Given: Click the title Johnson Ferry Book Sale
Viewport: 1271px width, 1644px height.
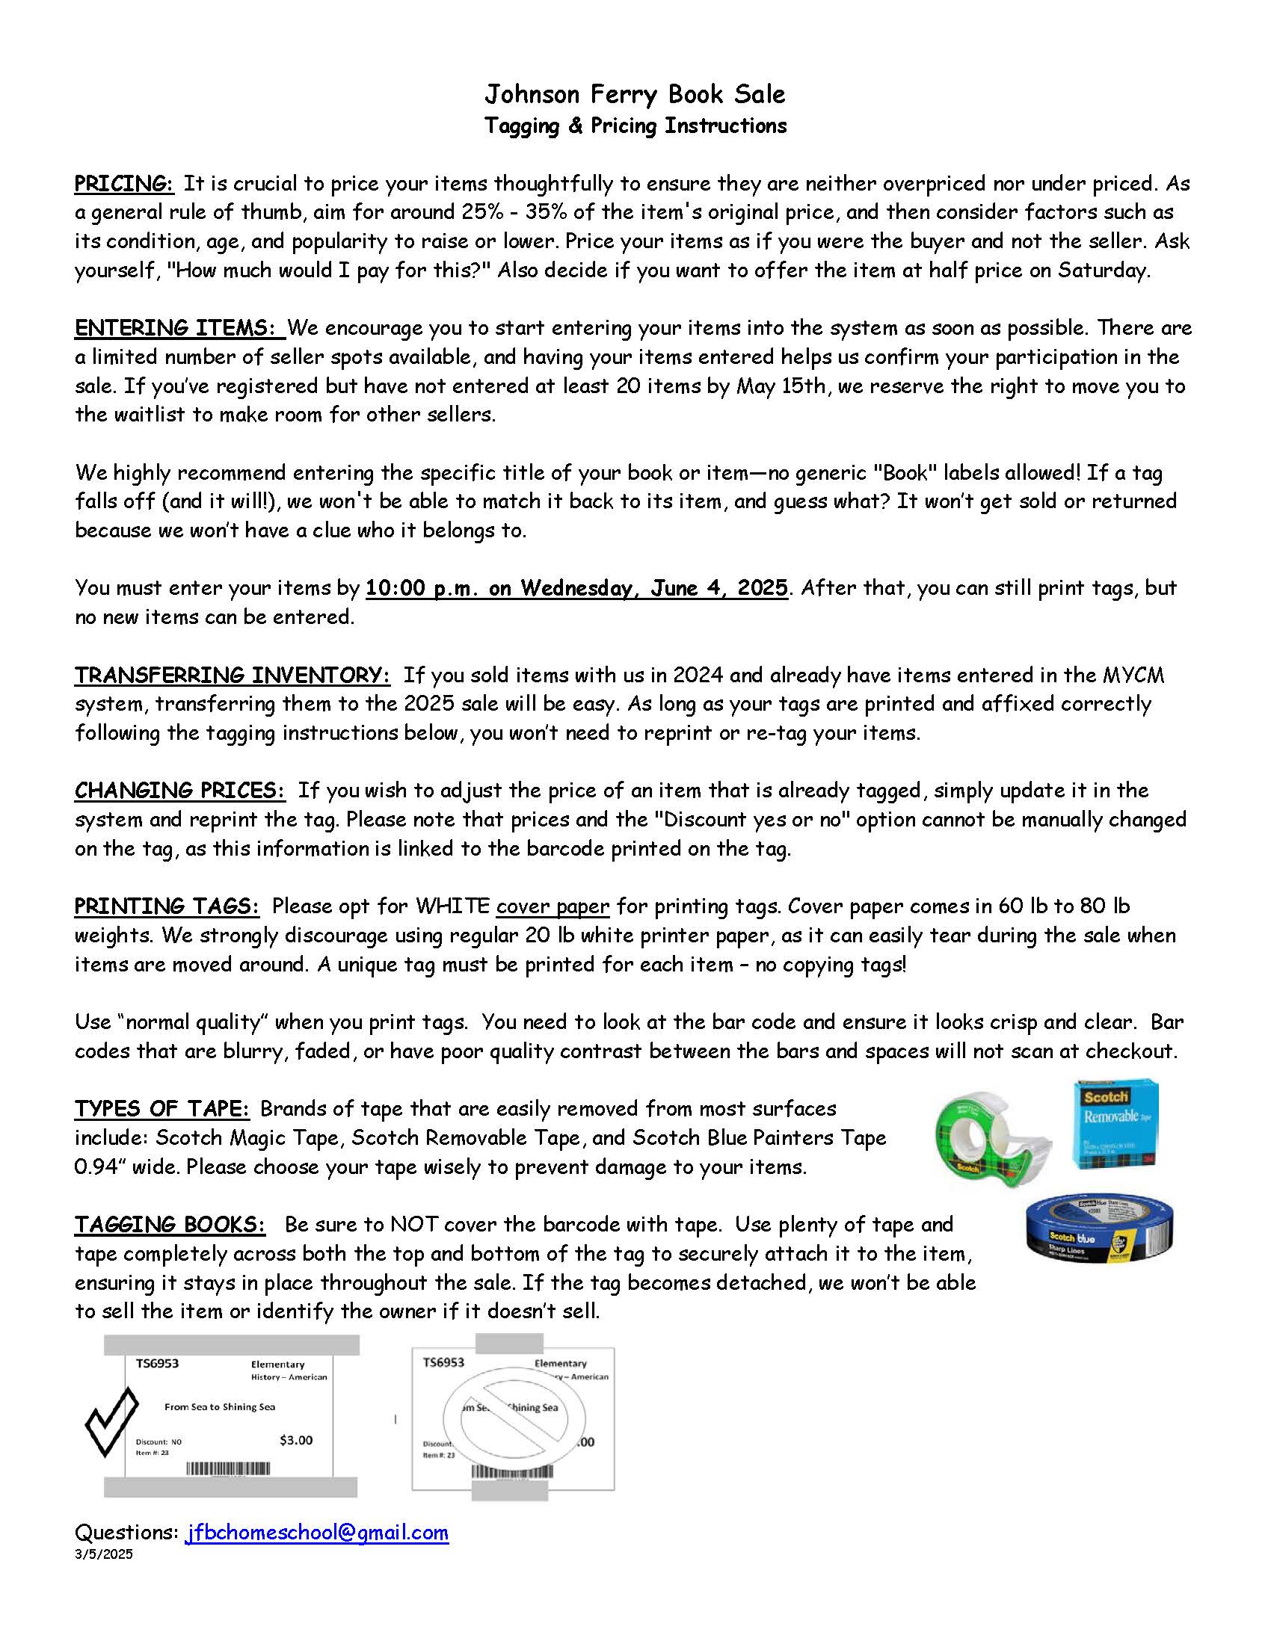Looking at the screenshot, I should [x=635, y=94].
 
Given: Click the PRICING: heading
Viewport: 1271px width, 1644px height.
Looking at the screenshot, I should [x=124, y=184].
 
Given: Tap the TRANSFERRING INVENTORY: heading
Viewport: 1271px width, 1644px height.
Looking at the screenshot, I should [x=232, y=676].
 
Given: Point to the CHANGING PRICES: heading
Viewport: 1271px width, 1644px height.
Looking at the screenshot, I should [x=180, y=791].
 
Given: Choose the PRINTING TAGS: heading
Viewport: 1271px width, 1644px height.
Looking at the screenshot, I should [x=167, y=906].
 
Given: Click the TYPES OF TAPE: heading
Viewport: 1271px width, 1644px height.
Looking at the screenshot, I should [x=161, y=1109].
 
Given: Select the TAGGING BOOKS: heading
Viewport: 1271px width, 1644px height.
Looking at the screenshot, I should [x=170, y=1225].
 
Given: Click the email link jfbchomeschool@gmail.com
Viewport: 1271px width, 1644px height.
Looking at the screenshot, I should [x=317, y=1533].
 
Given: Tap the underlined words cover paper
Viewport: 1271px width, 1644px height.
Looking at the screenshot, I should [x=553, y=906].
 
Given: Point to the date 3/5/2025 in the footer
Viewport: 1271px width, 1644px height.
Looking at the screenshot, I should [x=103, y=1554].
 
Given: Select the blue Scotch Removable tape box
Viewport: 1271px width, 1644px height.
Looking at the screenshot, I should [x=1115, y=1125].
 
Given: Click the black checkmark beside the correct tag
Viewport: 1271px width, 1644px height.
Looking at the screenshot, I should [x=111, y=1423].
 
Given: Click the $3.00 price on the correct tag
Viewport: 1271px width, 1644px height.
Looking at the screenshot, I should [x=296, y=1440].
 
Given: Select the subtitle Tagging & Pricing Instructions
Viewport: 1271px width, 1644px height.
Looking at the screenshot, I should [x=635, y=126].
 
